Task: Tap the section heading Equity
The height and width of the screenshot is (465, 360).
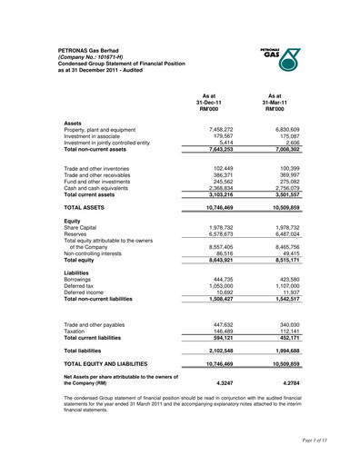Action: point(73,222)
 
